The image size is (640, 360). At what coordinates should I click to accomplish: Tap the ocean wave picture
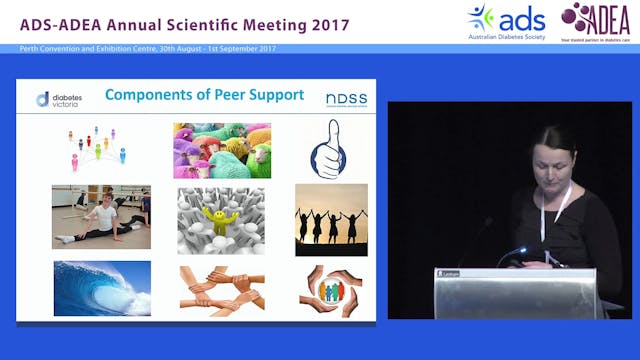[x=102, y=288]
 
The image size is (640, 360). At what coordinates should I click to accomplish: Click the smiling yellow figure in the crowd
[x=221, y=216]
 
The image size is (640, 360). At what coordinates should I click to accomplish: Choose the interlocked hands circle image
[x=221, y=289]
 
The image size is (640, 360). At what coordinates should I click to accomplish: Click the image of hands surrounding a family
[x=331, y=290]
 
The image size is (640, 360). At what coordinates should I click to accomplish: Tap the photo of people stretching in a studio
[x=101, y=217]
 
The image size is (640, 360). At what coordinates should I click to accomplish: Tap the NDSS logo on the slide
[x=345, y=98]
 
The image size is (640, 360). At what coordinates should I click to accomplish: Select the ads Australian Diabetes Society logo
[x=506, y=20]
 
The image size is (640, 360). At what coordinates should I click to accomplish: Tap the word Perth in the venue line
[x=30, y=49]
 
